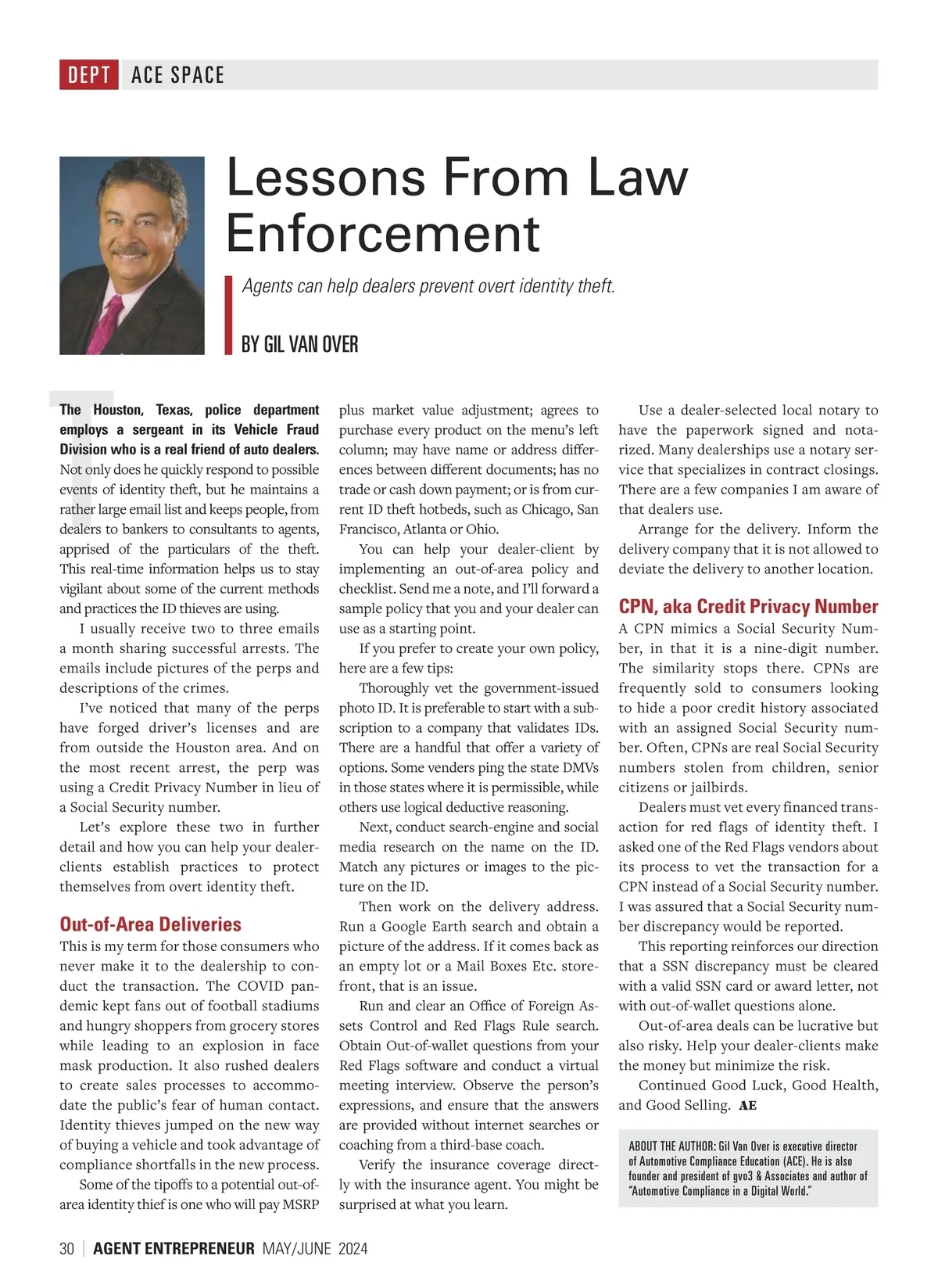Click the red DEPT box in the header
[x=89, y=75]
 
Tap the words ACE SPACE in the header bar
[x=177, y=75]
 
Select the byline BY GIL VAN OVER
[x=299, y=344]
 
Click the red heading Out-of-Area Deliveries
[x=150, y=924]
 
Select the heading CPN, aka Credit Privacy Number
[x=748, y=607]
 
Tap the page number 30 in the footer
[x=67, y=1249]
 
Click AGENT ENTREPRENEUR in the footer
[x=174, y=1249]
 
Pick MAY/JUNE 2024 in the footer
[x=315, y=1249]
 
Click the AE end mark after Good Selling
[x=747, y=1106]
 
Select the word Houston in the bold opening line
[x=118, y=410]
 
